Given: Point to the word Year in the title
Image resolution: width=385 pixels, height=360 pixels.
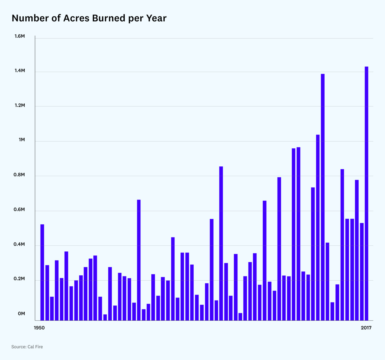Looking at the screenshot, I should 156,18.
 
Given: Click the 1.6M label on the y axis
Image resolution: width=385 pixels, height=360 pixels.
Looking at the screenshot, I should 20,36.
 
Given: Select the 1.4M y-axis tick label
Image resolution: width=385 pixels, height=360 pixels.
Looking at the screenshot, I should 20,71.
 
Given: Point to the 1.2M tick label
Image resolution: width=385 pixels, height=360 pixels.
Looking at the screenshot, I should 20,105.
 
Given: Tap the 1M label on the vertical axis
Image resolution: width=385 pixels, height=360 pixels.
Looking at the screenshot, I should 22,140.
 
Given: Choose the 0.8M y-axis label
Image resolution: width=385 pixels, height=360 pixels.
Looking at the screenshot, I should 20,175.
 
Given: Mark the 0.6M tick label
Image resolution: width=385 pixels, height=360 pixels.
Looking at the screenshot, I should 20,210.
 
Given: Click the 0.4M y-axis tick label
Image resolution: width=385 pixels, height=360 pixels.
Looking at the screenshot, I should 20,244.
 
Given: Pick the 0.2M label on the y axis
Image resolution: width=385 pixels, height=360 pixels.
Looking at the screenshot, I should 20,279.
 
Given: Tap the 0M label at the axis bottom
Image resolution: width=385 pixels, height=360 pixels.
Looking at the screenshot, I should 21,314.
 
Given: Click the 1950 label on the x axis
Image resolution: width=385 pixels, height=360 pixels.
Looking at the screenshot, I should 39,328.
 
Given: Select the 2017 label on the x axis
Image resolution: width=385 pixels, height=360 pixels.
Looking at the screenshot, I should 366,328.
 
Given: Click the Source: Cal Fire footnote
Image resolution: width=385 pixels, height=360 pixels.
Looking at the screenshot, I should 27,347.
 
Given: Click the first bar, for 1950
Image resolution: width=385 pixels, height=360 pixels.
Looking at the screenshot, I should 42,272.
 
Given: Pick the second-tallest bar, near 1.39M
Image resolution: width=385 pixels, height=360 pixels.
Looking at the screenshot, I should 323,197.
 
